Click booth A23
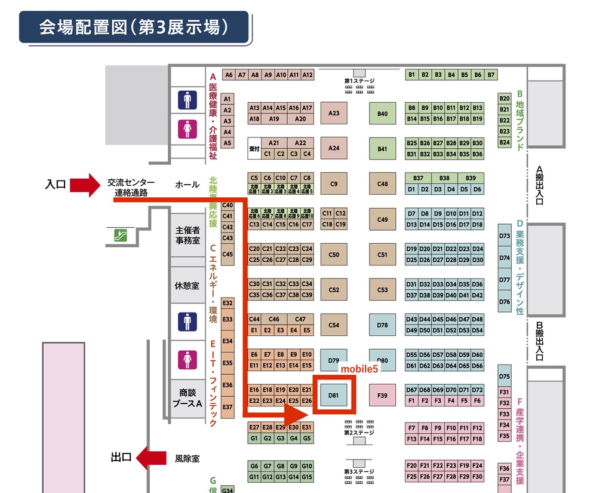click(334, 113)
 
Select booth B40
click(383, 113)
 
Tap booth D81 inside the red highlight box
click(334, 394)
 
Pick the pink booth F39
click(383, 394)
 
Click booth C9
click(334, 184)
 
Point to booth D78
click(383, 325)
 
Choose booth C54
click(334, 325)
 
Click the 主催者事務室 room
click(187, 235)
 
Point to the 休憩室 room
click(187, 286)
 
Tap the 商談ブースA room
click(187, 398)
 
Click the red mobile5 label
click(359, 369)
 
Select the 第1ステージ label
click(359, 80)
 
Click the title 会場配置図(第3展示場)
click(134, 27)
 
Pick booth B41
click(383, 148)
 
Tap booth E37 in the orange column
click(227, 407)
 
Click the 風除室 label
click(187, 459)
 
